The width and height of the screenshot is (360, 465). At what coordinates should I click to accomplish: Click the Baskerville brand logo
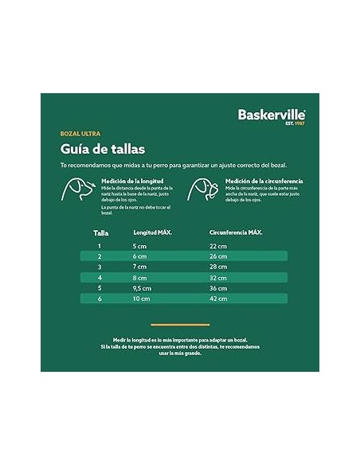[271, 115]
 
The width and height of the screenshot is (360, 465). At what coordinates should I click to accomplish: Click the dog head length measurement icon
[76, 189]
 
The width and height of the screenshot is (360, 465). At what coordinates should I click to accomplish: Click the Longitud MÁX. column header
[152, 232]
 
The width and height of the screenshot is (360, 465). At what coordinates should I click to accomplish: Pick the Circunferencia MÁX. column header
[236, 232]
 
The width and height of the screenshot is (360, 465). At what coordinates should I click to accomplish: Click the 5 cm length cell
[139, 246]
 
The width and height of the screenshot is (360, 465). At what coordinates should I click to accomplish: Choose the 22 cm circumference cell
[217, 246]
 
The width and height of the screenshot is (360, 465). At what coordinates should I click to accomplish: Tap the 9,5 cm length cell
[142, 287]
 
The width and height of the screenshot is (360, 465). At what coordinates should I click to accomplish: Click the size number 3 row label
[100, 267]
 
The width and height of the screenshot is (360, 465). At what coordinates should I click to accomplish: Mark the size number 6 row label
[100, 298]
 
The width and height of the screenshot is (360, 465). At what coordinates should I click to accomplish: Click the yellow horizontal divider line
[179, 325]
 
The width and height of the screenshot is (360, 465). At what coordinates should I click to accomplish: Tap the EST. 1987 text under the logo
[295, 123]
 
